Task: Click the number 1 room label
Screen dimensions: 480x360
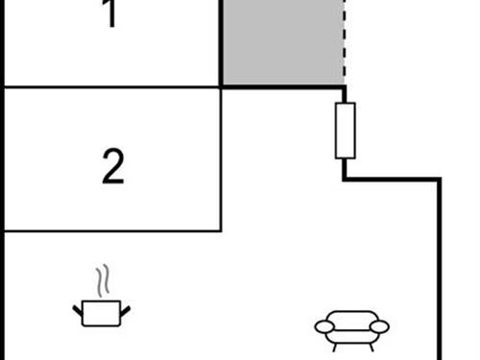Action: point(111,15)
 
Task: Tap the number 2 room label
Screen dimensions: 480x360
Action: point(113,167)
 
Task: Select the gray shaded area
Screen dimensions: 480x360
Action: point(282,43)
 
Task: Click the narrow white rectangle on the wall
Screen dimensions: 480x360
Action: point(345,130)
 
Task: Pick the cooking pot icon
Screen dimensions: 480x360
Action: point(101,312)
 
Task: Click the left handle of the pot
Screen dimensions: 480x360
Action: point(78,308)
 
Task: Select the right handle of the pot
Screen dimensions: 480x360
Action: point(125,308)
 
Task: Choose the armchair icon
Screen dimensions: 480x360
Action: point(352,327)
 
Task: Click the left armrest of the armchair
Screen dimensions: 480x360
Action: point(325,327)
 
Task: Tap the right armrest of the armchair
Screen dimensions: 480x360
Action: point(379,327)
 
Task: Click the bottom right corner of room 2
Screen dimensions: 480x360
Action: point(221,230)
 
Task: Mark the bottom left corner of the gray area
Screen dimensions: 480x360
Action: point(222,86)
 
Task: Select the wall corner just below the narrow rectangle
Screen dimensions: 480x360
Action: point(345,179)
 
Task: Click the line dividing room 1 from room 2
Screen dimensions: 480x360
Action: point(113,87)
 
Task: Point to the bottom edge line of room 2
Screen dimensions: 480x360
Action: point(113,230)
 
